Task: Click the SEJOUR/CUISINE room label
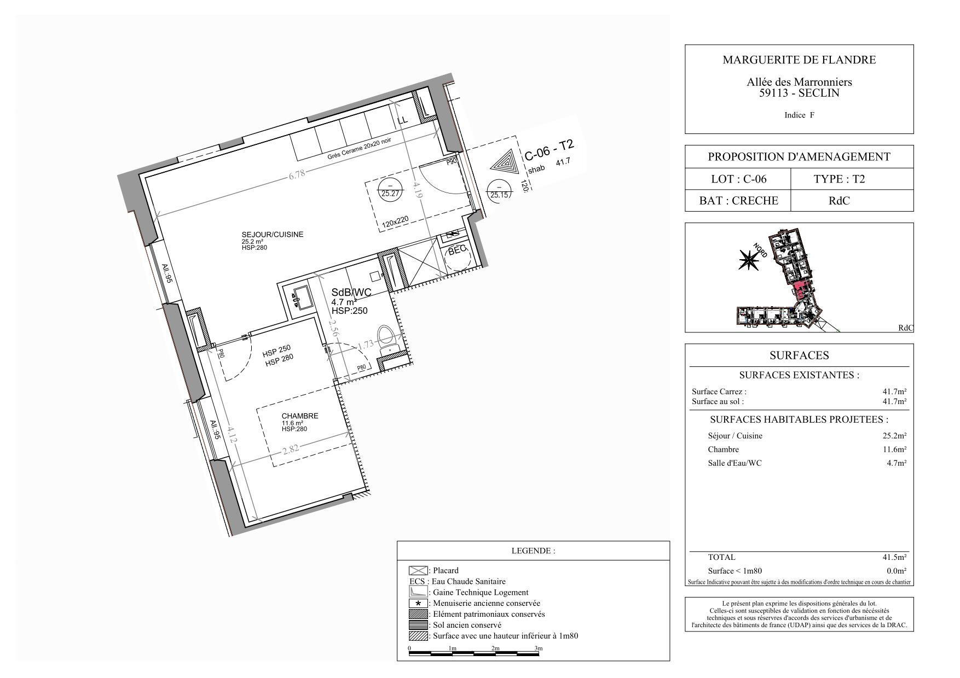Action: coord(272,235)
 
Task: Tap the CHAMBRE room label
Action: coord(299,416)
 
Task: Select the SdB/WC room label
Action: coord(351,293)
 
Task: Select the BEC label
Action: coord(457,250)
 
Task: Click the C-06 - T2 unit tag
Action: coord(549,150)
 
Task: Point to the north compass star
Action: coord(747,260)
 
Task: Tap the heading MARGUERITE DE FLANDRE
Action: coord(799,60)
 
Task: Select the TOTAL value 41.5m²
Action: coord(894,558)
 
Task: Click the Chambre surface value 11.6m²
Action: coord(894,449)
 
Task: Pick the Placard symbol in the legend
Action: coord(418,571)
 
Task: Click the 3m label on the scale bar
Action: coord(538,648)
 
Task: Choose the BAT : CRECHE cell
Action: coord(738,201)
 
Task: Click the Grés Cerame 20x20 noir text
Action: coord(360,149)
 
